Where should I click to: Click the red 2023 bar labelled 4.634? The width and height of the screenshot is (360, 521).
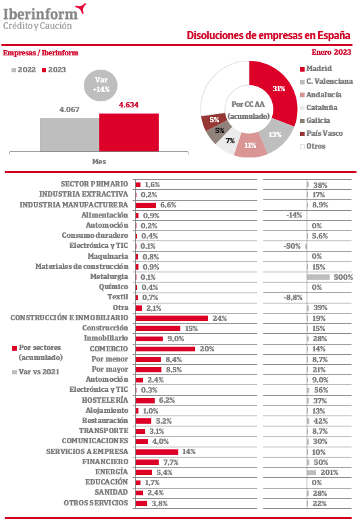click(129, 132)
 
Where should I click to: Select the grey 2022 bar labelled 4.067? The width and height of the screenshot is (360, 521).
click(70, 135)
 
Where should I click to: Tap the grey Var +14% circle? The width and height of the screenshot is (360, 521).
click(101, 84)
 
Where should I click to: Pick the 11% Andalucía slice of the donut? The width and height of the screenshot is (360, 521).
click(251, 145)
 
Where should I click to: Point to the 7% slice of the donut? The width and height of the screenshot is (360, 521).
click(229, 141)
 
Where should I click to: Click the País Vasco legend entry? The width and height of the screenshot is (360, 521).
click(321, 134)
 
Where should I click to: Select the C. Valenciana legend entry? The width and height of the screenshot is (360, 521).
click(326, 81)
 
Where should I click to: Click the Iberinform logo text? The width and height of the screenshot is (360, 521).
click(41, 14)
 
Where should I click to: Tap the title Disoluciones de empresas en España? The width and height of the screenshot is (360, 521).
click(268, 36)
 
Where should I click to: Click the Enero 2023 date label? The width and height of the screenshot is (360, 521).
click(331, 52)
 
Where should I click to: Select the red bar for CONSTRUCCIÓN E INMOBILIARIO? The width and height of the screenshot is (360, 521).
click(172, 318)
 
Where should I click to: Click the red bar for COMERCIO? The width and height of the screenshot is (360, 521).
click(165, 349)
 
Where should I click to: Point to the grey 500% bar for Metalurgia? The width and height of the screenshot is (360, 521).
click(319, 277)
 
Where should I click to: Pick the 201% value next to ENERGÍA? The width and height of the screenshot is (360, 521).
click(329, 472)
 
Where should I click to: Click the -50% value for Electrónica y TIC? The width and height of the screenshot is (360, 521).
click(292, 246)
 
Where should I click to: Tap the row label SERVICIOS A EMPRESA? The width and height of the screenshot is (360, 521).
click(87, 451)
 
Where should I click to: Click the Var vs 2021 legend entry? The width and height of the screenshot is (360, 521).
click(36, 372)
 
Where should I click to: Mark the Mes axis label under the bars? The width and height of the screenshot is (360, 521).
click(99, 162)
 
